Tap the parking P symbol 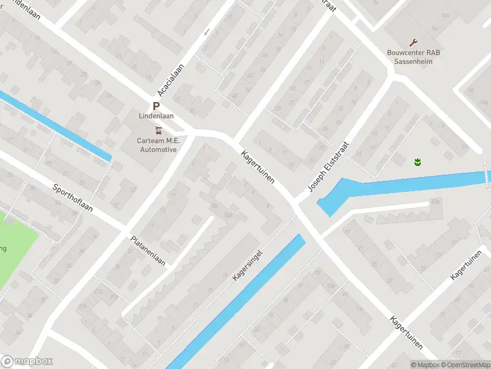coord(157,106)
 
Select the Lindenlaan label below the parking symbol coord(157,116)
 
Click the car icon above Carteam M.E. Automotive coord(159,130)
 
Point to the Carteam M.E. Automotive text coord(158,145)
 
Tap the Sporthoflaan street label coord(72,198)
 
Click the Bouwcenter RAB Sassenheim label coord(414,57)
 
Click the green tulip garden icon coord(417,162)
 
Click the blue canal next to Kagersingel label coord(245,295)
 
